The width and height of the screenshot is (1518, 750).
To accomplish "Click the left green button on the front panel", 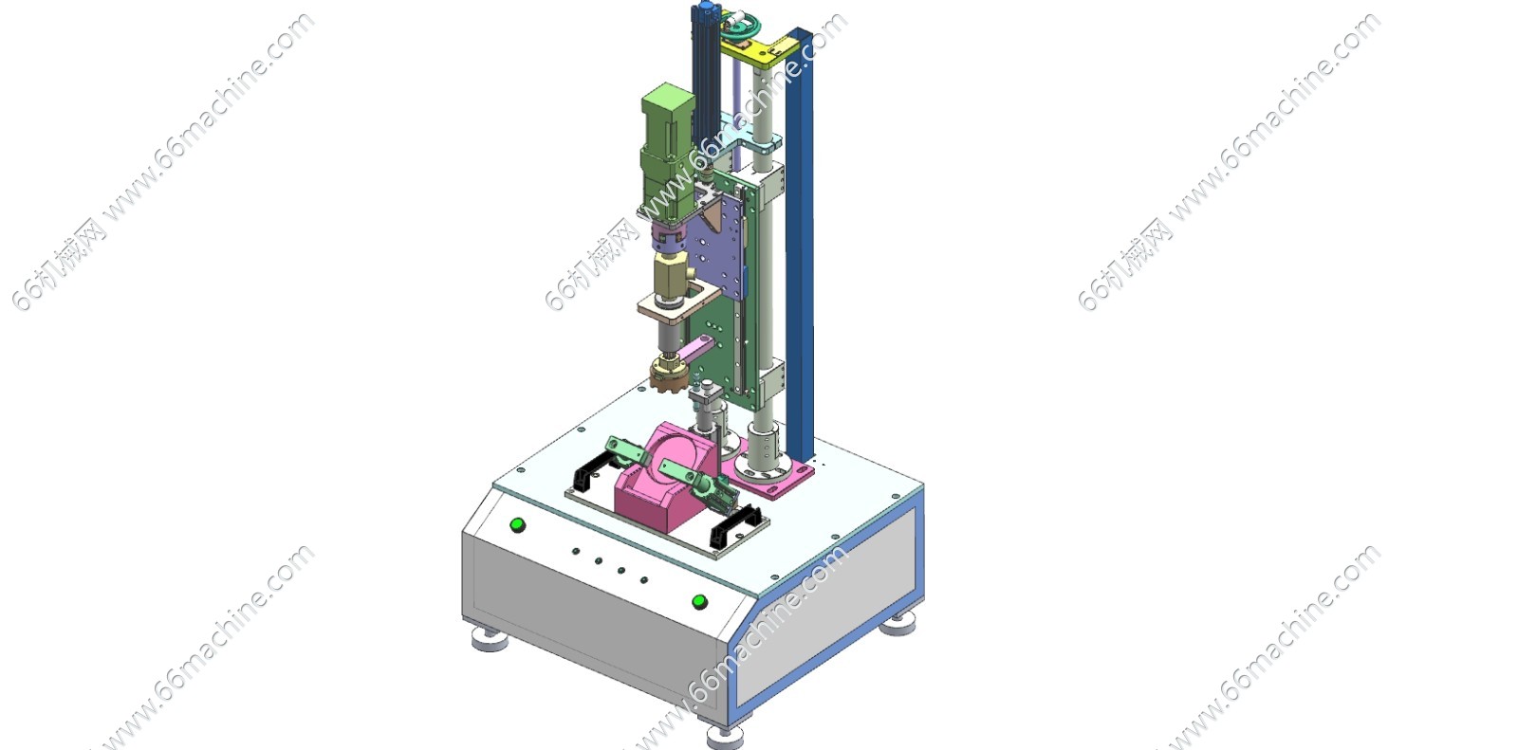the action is point(517,525).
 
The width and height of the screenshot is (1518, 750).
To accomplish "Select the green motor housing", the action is point(668,153).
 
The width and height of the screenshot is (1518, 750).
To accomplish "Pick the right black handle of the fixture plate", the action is point(735,525).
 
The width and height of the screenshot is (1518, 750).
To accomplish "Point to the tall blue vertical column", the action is point(801,244).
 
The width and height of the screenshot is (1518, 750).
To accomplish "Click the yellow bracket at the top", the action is point(759,50).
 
